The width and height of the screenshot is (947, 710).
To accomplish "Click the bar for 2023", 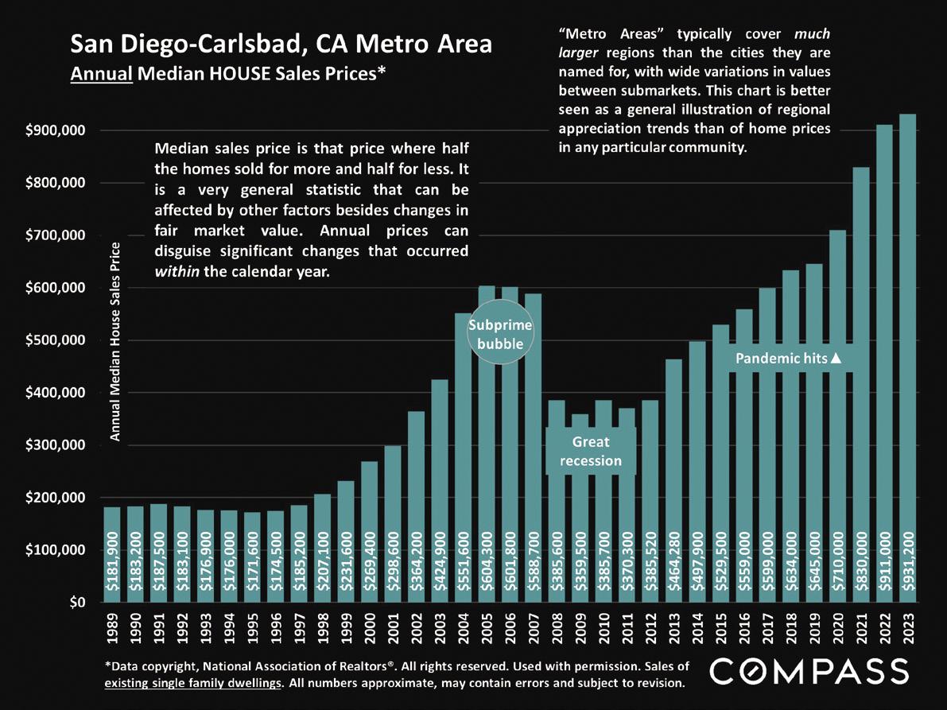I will tap(907, 358).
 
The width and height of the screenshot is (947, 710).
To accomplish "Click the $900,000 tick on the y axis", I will tap(56, 130).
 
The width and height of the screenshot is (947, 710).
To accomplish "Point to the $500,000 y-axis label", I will tap(56, 340).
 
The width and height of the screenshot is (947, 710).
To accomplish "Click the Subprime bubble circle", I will tap(499, 335).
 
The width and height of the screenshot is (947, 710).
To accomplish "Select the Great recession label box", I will tap(591, 452).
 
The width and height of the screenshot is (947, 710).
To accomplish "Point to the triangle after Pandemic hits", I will tap(836, 359).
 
